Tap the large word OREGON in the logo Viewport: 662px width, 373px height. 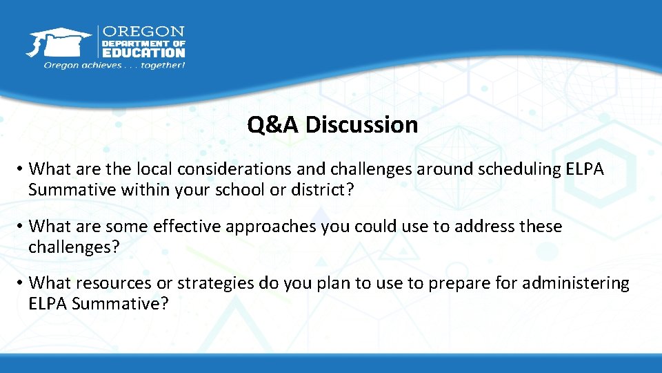coord(143,32)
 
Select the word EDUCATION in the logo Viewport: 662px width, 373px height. coord(143,52)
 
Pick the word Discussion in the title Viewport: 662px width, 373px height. coord(362,125)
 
